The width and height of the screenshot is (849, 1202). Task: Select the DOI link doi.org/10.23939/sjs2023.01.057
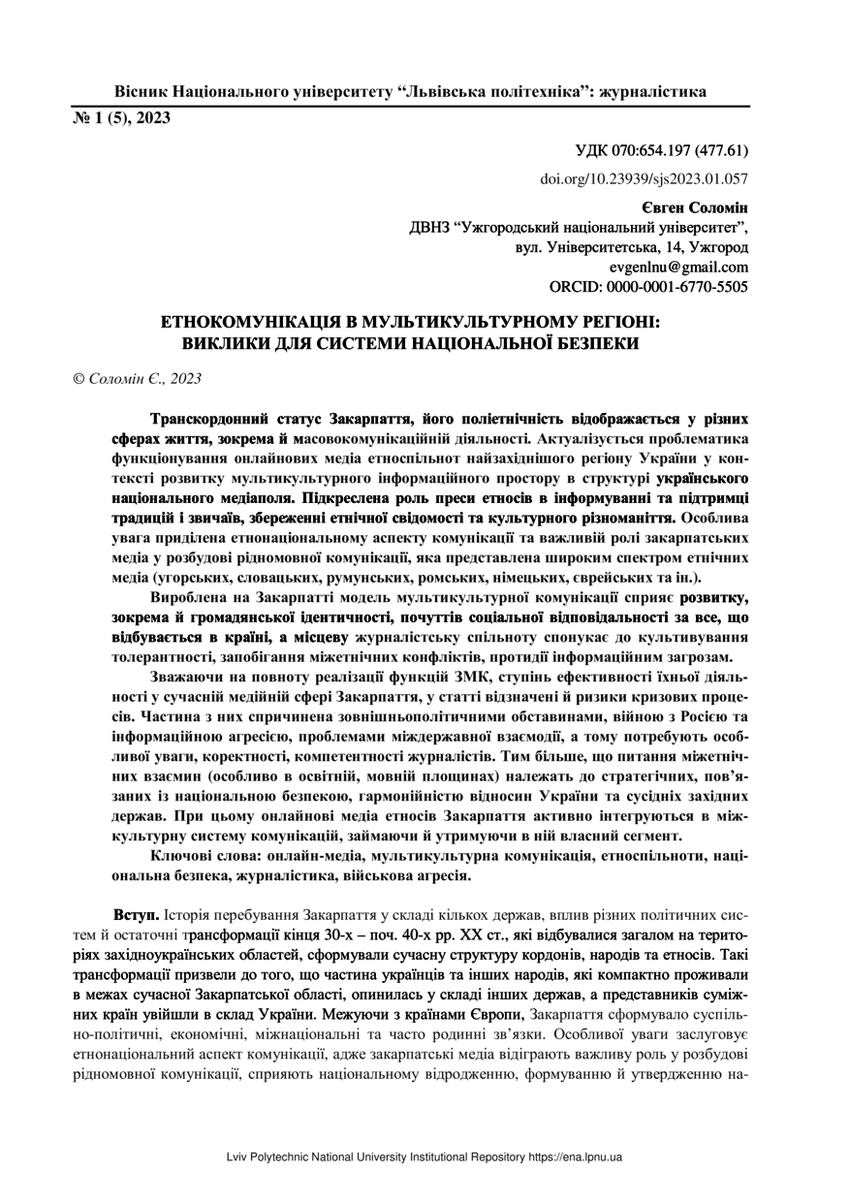point(645,178)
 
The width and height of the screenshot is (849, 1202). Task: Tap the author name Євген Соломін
point(694,208)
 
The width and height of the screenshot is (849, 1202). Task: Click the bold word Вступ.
point(137,914)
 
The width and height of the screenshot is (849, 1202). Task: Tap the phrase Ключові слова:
point(207,856)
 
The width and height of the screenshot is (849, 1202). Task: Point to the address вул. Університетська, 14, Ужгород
point(632,248)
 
